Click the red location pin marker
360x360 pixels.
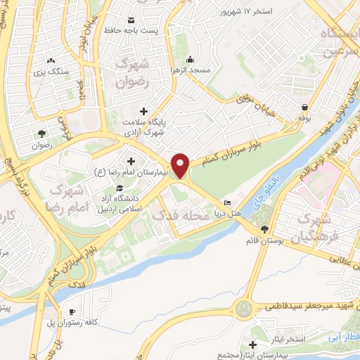click(x=181, y=165)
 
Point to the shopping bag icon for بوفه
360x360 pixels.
click(x=304, y=108)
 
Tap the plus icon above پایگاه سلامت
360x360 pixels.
click(x=143, y=111)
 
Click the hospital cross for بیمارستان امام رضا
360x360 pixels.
click(x=131, y=162)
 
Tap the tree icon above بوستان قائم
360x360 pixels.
click(x=264, y=229)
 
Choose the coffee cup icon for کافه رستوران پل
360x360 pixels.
click(x=72, y=311)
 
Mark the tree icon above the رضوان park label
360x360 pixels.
click(x=41, y=133)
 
